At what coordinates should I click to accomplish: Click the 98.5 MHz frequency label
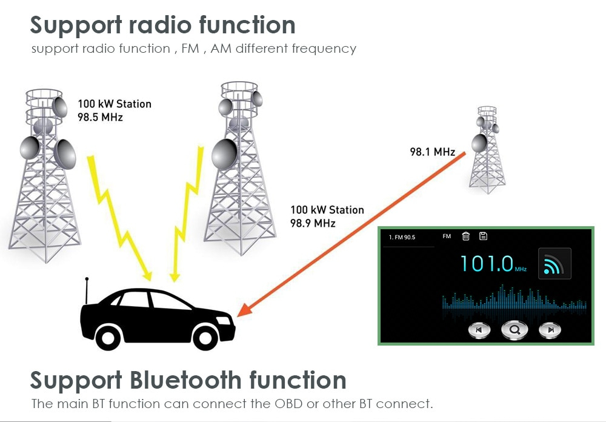click(x=100, y=117)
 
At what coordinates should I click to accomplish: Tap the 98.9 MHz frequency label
click(x=313, y=223)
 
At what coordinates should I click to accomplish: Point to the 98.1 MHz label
click(x=433, y=152)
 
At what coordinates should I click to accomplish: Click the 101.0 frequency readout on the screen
click(x=487, y=263)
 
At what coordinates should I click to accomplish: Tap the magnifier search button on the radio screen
click(x=514, y=330)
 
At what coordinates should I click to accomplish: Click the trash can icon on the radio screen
click(x=465, y=236)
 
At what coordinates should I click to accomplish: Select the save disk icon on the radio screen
click(x=483, y=236)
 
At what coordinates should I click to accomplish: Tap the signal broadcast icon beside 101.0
click(x=554, y=263)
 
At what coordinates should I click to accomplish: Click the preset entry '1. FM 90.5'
click(x=402, y=237)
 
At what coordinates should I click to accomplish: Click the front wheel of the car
click(x=204, y=337)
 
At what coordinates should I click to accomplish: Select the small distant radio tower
click(x=487, y=150)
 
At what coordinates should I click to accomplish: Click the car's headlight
click(x=224, y=320)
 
